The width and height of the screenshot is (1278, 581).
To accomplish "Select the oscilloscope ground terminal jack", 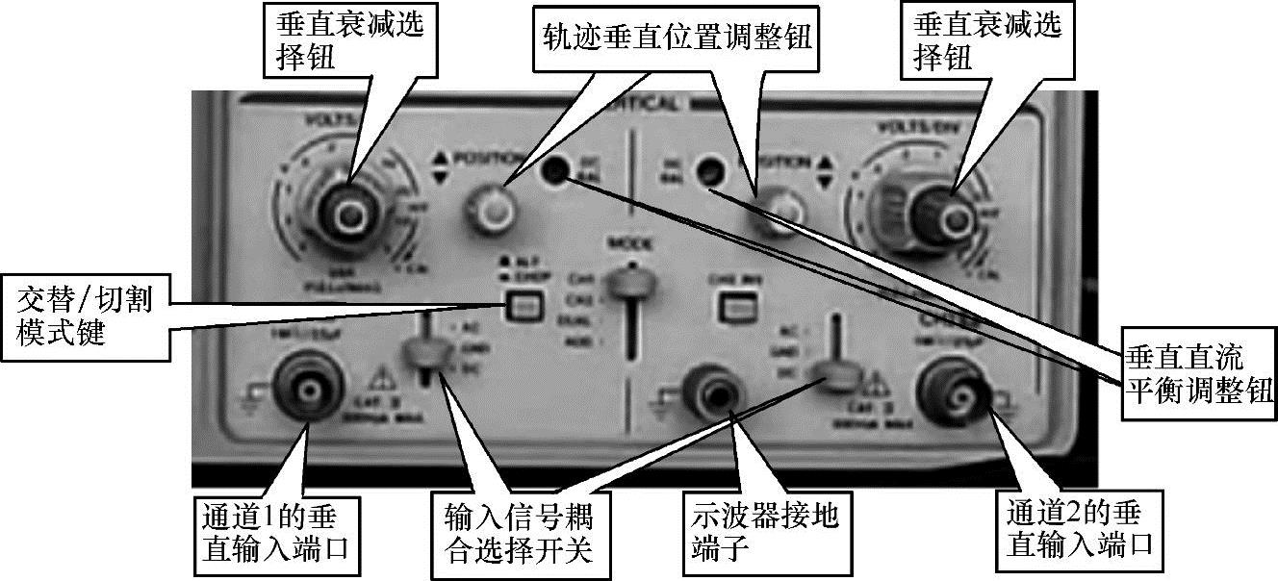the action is [x=718, y=390].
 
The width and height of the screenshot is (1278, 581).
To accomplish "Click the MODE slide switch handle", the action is [x=630, y=283].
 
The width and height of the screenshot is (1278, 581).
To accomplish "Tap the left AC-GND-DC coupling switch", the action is [x=423, y=357].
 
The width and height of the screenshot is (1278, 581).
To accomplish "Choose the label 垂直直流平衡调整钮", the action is [x=1198, y=375].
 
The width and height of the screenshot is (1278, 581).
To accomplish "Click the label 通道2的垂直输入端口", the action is [x=1078, y=532].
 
